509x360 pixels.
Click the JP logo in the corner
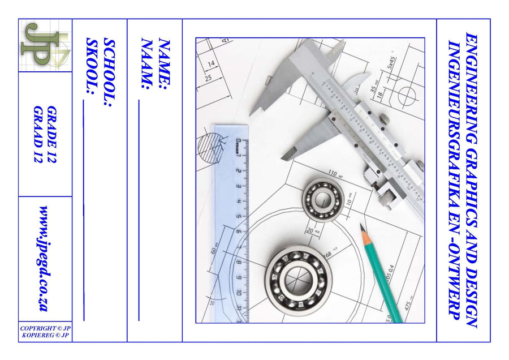click(45, 45)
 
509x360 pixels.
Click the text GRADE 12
click(53, 134)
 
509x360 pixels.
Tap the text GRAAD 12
click(38, 134)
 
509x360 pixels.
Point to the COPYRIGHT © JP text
click(45, 328)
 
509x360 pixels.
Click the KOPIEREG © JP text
click(45, 335)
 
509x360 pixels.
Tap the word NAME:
click(163, 64)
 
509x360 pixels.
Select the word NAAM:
click(148, 64)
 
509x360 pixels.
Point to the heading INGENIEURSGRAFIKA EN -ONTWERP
click(454, 180)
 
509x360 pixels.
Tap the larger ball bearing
click(297, 278)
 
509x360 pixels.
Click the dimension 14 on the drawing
click(211, 63)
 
